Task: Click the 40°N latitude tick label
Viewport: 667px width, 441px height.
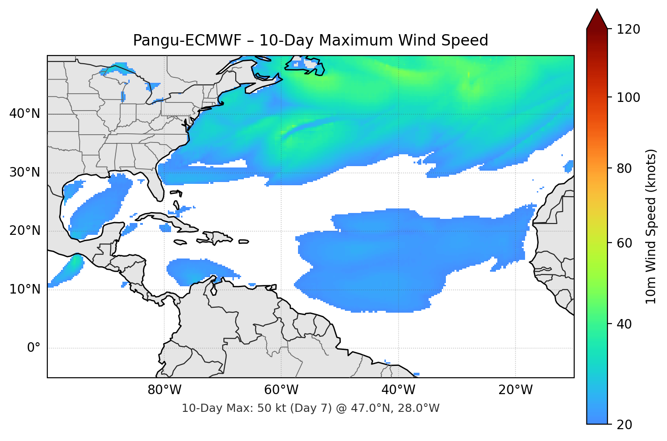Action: (x=25, y=114)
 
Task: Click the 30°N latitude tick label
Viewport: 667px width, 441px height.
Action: (x=25, y=172)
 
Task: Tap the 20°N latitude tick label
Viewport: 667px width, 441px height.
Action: (x=25, y=231)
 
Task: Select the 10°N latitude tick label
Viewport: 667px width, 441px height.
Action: (x=25, y=289)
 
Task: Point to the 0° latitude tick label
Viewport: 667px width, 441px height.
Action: (x=34, y=348)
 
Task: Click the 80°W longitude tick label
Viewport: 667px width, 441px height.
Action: (x=165, y=390)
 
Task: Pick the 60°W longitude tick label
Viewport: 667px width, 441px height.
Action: (x=282, y=390)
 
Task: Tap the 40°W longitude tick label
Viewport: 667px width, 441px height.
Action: (x=399, y=390)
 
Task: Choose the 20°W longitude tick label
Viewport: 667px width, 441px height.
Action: (x=515, y=390)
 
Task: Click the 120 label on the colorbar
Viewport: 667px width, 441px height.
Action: (x=628, y=29)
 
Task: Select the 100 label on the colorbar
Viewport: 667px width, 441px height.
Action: (x=628, y=97)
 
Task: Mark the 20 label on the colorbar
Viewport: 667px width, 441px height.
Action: (x=625, y=425)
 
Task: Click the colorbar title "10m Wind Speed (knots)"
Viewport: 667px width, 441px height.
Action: (x=651, y=226)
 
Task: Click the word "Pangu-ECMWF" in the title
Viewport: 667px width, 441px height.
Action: (x=187, y=41)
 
